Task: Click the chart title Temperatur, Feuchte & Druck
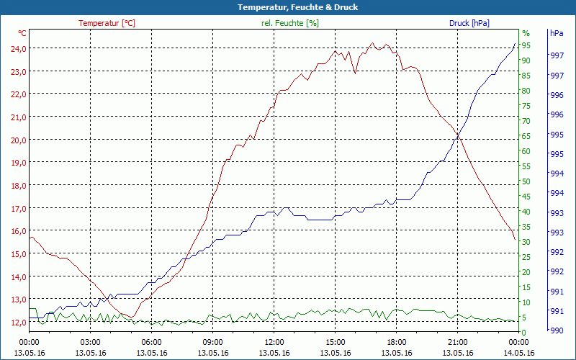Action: [x=287, y=7]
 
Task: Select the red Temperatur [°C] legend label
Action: [x=107, y=23]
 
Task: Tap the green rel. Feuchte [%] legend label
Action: [x=290, y=23]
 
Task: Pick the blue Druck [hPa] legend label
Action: [x=469, y=23]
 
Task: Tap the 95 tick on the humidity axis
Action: [x=526, y=45]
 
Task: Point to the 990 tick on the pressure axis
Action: [x=557, y=330]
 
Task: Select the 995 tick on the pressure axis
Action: [x=557, y=135]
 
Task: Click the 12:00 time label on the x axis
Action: [x=274, y=342]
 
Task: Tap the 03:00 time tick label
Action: [x=90, y=342]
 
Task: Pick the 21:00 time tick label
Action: [x=457, y=342]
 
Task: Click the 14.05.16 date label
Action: [x=518, y=353]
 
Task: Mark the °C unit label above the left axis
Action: [x=22, y=33]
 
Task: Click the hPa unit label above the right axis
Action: [x=557, y=33]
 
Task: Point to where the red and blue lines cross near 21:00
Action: [x=458, y=135]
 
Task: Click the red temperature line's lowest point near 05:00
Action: [x=132, y=317]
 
